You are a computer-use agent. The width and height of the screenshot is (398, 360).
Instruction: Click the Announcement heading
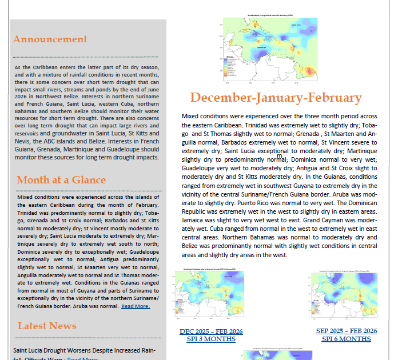coord(50,39)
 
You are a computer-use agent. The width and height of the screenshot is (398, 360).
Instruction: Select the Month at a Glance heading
coord(61,180)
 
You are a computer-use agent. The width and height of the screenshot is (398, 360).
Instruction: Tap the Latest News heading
coord(47,326)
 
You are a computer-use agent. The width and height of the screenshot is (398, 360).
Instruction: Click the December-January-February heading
coord(276,98)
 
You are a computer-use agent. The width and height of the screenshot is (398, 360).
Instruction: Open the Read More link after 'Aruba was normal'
coord(136,306)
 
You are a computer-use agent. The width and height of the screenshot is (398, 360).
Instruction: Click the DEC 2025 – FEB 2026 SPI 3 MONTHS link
coord(211,335)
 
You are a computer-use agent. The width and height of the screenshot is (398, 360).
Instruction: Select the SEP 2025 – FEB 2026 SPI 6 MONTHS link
coord(346,335)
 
